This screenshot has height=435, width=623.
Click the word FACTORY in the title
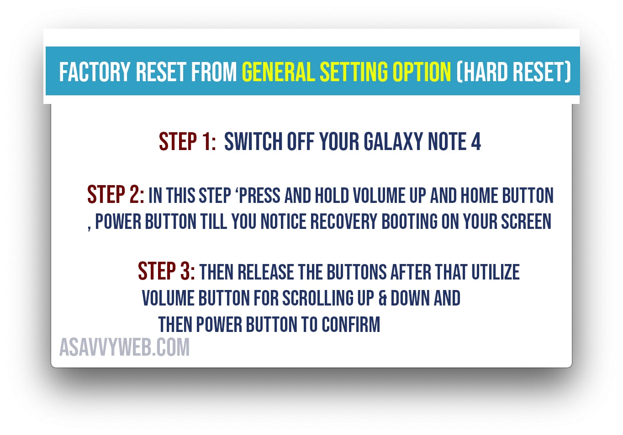tap(95, 72)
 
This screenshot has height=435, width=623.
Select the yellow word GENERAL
tap(279, 72)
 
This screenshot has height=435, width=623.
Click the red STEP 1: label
tap(187, 141)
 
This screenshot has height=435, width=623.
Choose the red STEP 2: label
tap(116, 194)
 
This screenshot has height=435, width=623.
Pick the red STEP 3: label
tap(166, 271)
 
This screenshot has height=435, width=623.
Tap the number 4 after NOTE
tap(476, 141)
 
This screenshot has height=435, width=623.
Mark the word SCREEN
tap(526, 222)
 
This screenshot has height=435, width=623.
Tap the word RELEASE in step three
tap(266, 272)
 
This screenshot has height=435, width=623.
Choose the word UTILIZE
tap(496, 272)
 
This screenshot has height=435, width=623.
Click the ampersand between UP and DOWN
tap(382, 298)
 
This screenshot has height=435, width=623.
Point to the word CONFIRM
tap(351, 324)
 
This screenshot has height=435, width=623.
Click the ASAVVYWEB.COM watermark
tap(124, 347)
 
